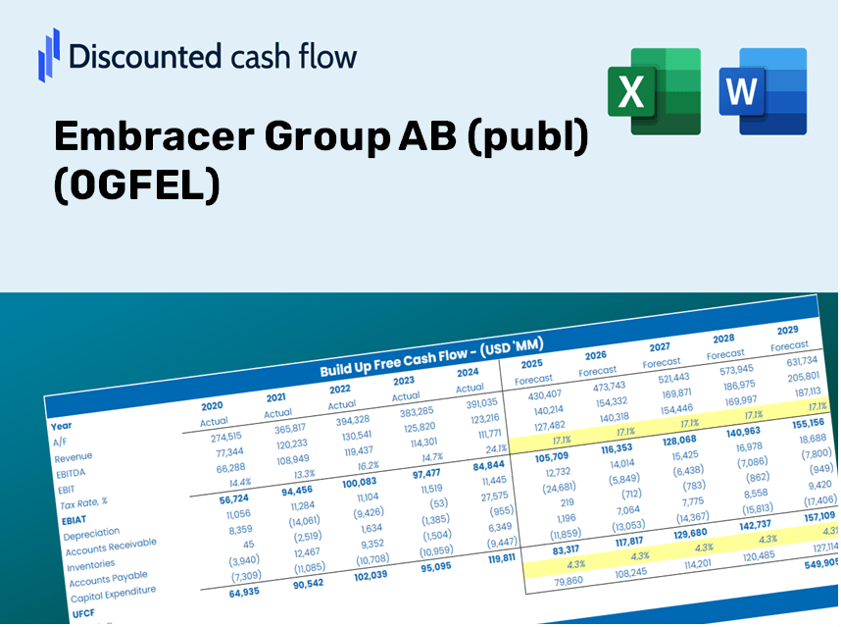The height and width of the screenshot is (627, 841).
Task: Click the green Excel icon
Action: (654, 91)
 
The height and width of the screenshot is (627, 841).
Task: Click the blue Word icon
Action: (763, 91)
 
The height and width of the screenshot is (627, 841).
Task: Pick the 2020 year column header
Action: (212, 405)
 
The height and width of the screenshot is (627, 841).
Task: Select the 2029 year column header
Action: (787, 330)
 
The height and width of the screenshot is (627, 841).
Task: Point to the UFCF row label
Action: (84, 613)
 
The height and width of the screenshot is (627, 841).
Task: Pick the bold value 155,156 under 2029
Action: (807, 422)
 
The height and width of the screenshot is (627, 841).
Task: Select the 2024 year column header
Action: (469, 372)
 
